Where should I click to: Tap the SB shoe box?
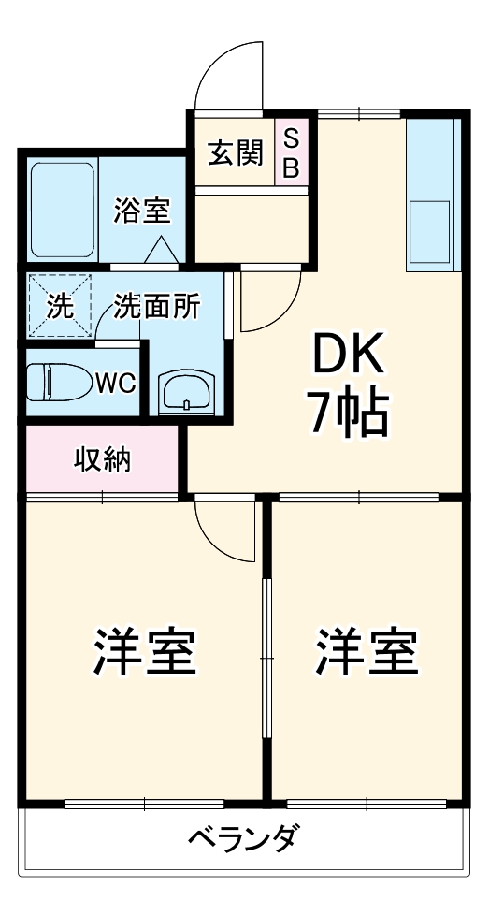tap(291, 152)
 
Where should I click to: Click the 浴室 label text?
tap(142, 211)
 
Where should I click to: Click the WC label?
tap(115, 382)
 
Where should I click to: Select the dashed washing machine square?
tap(60, 305)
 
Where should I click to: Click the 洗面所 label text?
tap(157, 307)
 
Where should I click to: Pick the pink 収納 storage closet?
tap(103, 460)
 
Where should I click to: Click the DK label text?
tap(347, 356)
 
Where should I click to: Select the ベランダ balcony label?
tap(243, 836)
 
